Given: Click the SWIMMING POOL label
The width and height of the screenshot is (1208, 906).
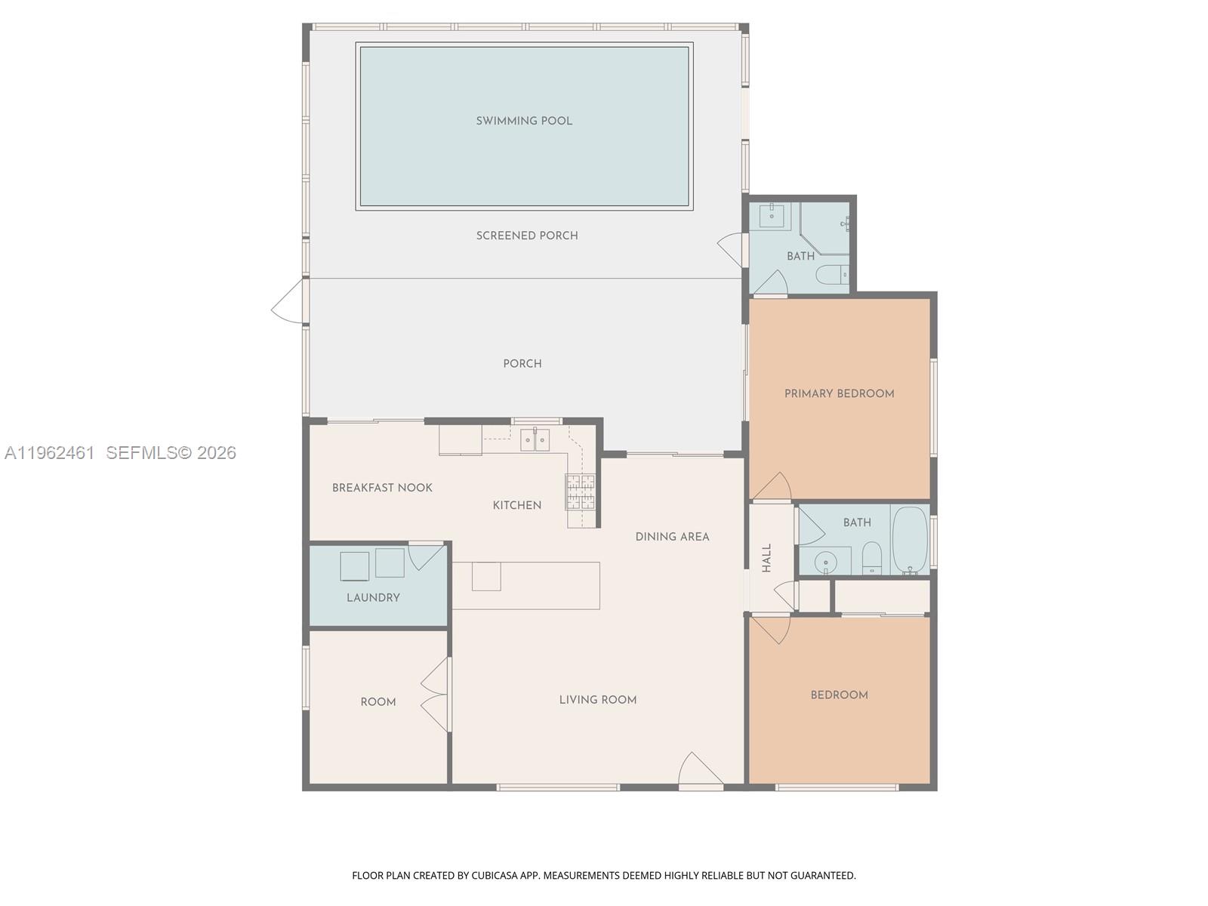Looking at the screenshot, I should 524,121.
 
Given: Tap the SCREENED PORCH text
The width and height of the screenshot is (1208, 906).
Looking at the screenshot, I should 527,236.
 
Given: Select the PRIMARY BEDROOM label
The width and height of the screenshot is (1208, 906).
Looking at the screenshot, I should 839,393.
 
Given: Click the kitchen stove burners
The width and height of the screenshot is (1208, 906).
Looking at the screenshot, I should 580,492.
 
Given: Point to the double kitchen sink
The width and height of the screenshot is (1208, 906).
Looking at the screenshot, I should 535,439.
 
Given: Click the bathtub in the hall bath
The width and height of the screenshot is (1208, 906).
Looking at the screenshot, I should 910,541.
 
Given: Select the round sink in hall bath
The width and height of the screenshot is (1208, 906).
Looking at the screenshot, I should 826,562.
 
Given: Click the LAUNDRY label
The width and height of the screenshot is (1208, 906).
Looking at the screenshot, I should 373,597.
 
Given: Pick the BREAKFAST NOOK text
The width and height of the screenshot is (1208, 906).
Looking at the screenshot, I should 382,488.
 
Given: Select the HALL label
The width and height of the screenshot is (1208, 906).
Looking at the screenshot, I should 767,558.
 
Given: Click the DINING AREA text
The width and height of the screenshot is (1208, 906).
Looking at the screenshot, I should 672,537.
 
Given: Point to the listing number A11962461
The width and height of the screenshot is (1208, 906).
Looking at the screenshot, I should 50,453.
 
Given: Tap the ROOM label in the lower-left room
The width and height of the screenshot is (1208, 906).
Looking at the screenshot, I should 378,702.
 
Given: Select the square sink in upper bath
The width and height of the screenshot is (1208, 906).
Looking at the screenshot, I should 772,215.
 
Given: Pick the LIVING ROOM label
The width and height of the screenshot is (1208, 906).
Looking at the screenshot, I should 598,700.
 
